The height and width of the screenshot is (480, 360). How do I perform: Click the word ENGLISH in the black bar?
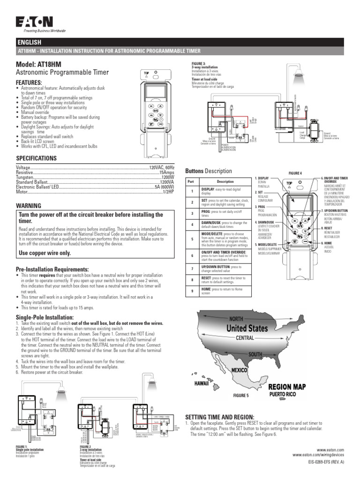pyautogui.click(x=30, y=43)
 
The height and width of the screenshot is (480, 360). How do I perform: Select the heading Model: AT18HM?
pyautogui.click(x=39, y=64)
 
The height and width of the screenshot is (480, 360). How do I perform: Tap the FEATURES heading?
pyautogui.click(x=29, y=82)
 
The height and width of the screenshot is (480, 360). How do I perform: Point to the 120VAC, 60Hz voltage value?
pyautogui.click(x=162, y=167)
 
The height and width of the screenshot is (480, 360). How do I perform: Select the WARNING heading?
pyautogui.click(x=29, y=206)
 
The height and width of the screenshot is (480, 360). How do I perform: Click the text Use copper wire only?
pyautogui.click(x=45, y=253)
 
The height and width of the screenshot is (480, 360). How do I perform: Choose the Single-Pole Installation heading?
pyautogui.click(x=45, y=318)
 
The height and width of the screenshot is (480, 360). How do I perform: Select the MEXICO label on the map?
pyautogui.click(x=239, y=370)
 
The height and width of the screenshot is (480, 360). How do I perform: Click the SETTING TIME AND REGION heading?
pyautogui.click(x=220, y=417)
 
